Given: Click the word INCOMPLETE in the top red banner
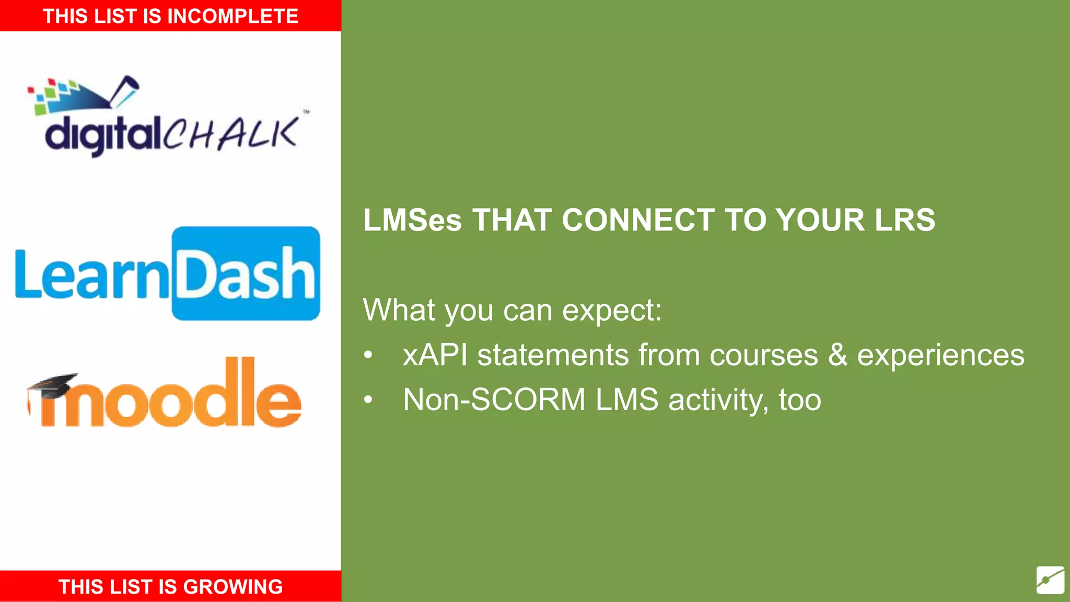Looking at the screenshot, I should coord(232,16).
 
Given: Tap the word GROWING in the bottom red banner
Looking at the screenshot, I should coord(233,587).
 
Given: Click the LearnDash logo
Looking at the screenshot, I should coord(167,273).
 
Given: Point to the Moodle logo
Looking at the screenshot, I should coord(165,395).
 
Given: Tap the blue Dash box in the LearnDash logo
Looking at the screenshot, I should coord(246,273).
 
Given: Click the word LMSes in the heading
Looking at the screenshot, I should coord(412,220).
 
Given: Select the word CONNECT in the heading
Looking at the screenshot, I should coord(638,220).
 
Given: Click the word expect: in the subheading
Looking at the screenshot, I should coord(612,310).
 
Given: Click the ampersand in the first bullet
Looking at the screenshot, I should coord(838,355).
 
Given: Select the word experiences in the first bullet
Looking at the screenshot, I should coord(940,355).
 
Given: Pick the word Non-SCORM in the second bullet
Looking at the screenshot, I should coord(494,400).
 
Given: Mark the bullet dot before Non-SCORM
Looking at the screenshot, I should coord(368,400).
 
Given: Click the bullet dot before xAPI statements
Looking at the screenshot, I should coord(368,355).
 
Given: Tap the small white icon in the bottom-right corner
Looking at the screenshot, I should coord(1050,580).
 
